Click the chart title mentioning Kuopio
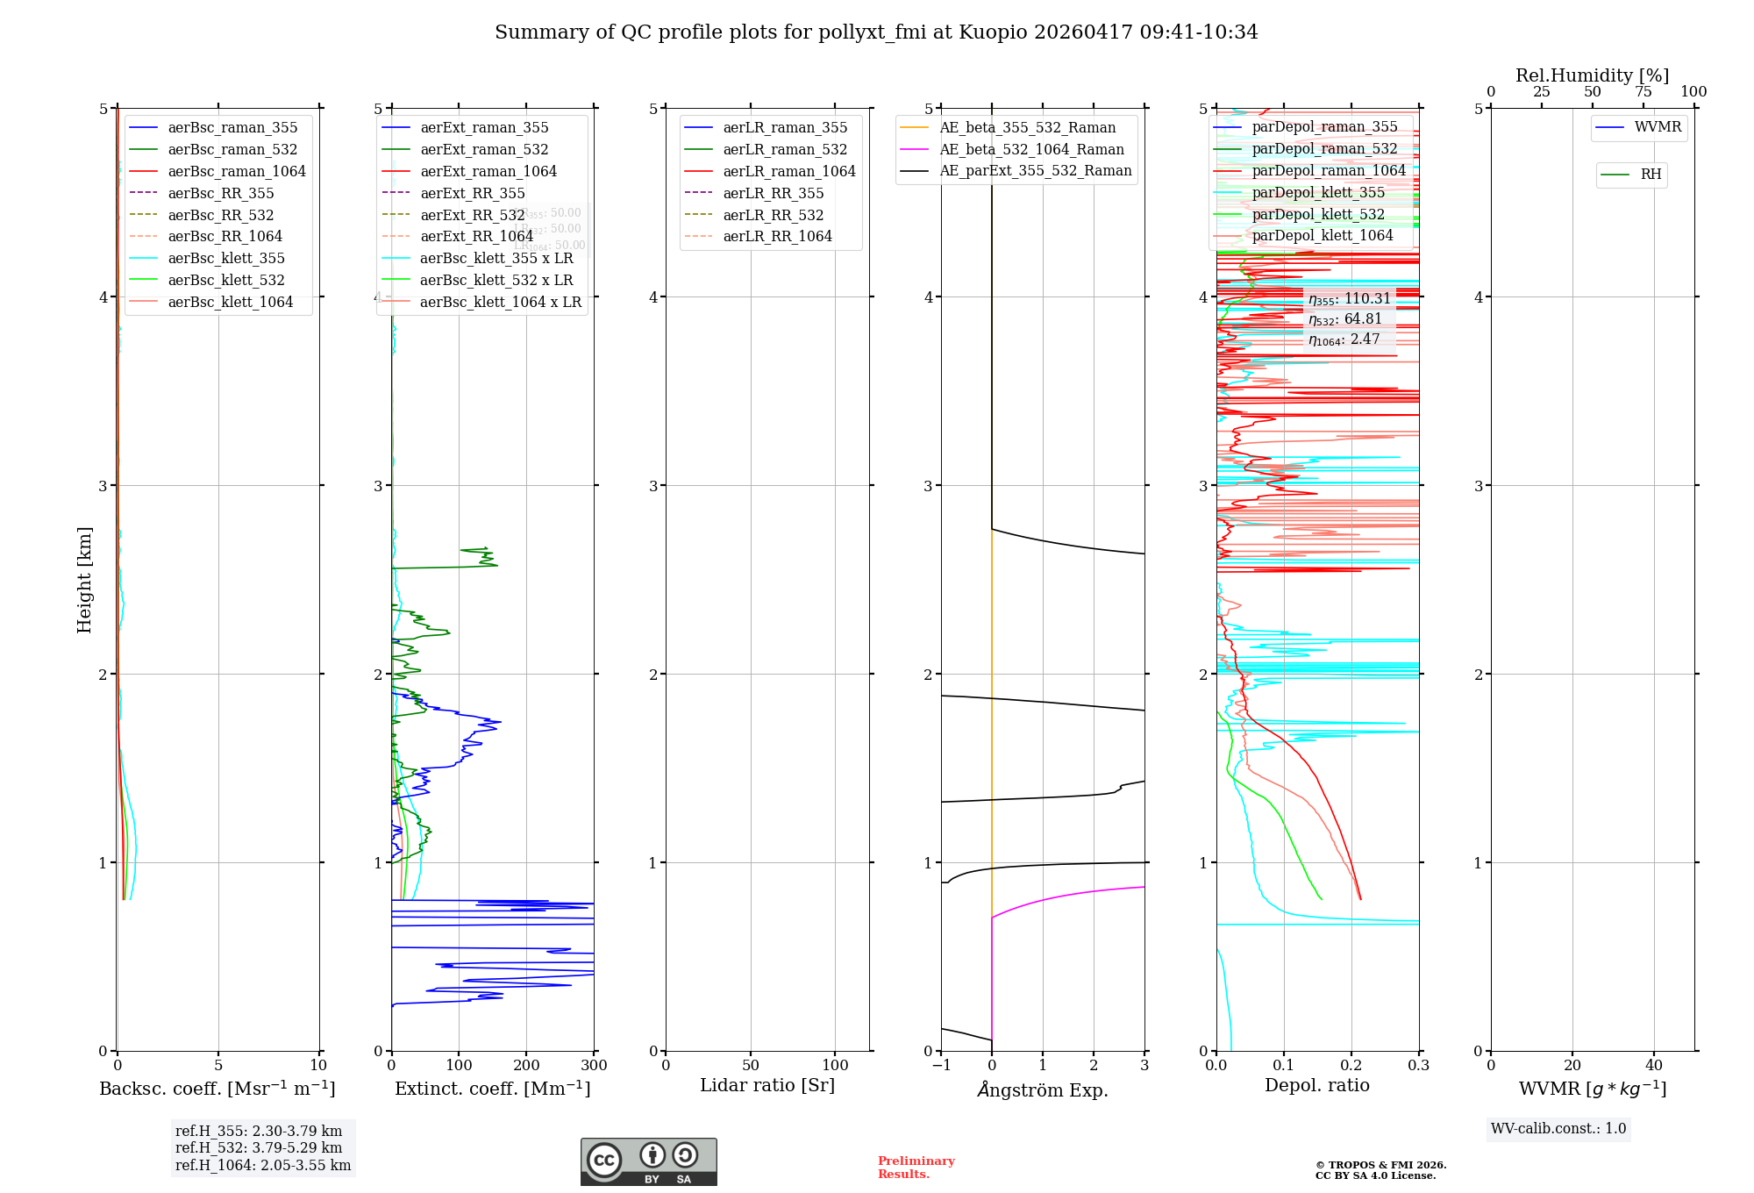point(876,32)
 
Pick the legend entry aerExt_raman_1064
point(488,171)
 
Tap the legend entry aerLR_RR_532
point(773,215)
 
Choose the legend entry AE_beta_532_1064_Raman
point(1031,149)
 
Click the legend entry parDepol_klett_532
point(1318,214)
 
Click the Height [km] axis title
point(84,579)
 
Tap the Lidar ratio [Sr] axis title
point(767,1085)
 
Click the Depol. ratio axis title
point(1316,1085)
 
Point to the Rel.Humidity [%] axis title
point(1592,75)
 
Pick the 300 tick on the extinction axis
point(594,1066)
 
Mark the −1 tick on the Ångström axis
point(941,1066)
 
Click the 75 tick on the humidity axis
point(1643,92)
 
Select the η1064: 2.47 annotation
point(1344,339)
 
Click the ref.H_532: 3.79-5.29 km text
point(259,1147)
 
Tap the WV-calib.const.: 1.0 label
point(1558,1129)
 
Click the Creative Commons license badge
point(648,1161)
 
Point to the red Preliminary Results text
point(916,1168)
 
